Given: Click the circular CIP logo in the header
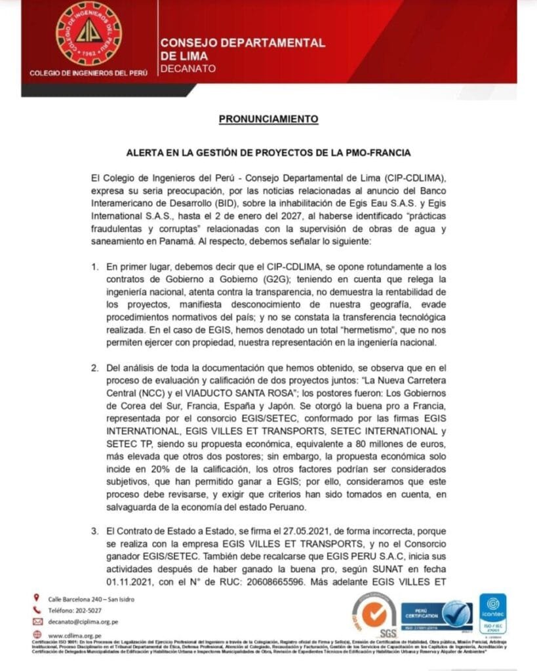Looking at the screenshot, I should click(x=89, y=33).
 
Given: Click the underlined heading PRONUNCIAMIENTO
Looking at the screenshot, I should click(x=268, y=119).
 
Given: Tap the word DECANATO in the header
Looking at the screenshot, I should click(x=187, y=68).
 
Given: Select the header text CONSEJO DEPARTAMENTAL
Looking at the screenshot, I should click(x=243, y=43).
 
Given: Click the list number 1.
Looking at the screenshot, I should click(x=94, y=267).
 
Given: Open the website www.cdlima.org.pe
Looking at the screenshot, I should click(x=75, y=635).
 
